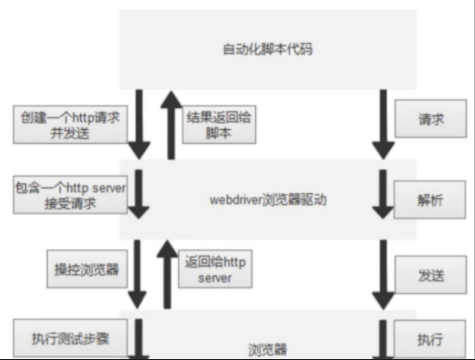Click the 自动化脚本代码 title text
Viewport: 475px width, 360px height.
tap(268, 50)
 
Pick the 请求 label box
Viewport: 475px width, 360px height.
tap(430, 118)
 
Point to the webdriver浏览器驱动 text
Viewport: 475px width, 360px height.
tap(268, 200)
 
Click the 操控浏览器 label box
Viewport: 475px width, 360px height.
tap(87, 269)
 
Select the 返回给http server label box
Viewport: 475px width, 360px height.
tap(215, 269)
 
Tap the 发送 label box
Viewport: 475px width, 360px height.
tap(430, 274)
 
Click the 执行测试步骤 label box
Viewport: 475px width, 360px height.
tap(70, 338)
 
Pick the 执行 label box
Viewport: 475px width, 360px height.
tap(429, 339)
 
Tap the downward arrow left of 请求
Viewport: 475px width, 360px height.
tap(383, 124)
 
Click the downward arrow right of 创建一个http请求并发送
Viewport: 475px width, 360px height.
tap(139, 124)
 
